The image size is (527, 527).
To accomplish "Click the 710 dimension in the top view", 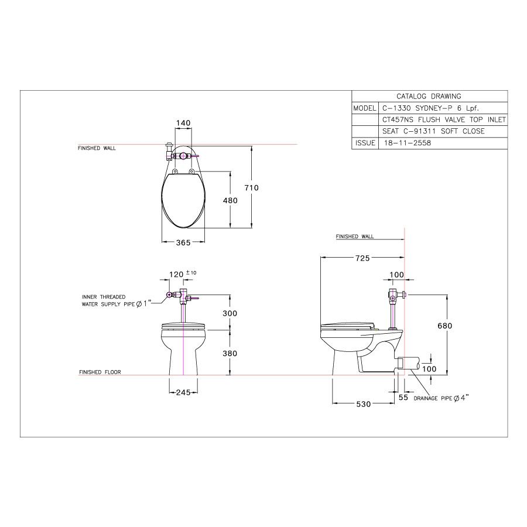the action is [x=251, y=187].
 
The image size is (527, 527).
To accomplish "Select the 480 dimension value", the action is [x=230, y=200].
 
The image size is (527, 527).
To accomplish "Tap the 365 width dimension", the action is [x=183, y=242].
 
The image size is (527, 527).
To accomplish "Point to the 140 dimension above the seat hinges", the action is [x=183, y=123].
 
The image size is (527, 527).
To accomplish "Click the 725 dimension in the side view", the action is [x=362, y=258].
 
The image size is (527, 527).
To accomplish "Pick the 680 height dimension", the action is [x=444, y=326].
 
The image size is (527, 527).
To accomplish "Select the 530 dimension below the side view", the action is [x=363, y=404].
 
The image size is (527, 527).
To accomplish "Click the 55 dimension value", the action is [x=403, y=398].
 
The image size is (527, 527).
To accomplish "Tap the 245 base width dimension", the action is [x=183, y=392].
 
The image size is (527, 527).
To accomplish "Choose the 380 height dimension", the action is [x=230, y=353].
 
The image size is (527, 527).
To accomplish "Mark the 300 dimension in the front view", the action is [x=230, y=313].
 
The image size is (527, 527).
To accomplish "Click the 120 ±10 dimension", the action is [x=183, y=274].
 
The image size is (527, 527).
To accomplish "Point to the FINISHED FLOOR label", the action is [x=100, y=372].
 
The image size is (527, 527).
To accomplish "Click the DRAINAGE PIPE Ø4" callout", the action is [x=441, y=398].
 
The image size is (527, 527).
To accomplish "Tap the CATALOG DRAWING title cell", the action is [x=429, y=97].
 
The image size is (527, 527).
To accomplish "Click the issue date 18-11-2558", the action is [x=408, y=143].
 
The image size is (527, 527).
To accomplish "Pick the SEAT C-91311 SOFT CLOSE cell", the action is [x=433, y=131].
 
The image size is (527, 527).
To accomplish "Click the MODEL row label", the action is [x=365, y=108].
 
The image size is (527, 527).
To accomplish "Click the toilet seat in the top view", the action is [x=183, y=200].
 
